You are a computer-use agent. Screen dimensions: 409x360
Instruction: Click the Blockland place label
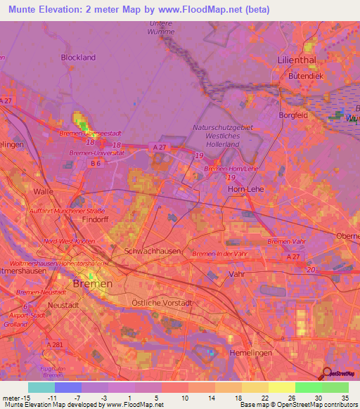[x=78, y=57]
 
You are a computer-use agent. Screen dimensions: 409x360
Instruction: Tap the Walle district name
[x=44, y=190]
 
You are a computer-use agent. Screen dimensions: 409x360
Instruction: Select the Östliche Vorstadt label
[x=161, y=302]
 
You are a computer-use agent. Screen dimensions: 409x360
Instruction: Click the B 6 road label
[x=95, y=163]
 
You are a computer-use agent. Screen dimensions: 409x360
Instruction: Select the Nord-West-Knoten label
[x=70, y=241]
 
